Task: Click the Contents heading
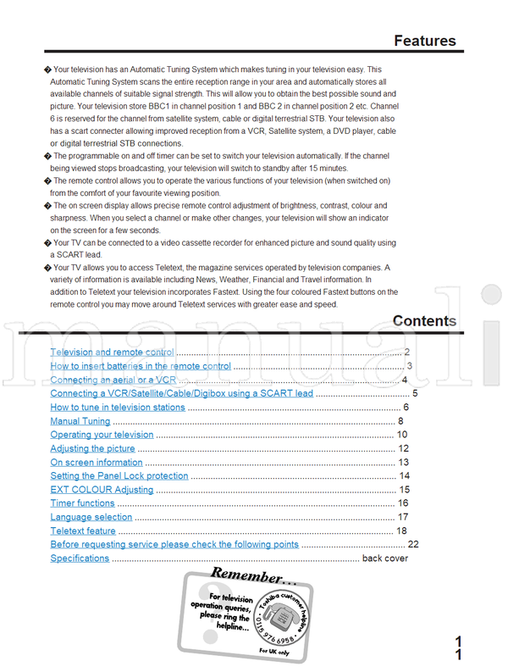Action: [x=424, y=321]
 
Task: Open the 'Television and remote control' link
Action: [x=112, y=352]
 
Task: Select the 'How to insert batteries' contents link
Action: [x=140, y=366]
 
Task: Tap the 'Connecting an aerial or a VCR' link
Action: [x=113, y=380]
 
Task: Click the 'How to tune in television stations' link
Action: [x=117, y=408]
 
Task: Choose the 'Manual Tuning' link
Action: [x=80, y=421]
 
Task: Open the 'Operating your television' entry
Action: [x=102, y=435]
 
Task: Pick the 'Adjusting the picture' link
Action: [x=92, y=448]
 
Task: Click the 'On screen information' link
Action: [x=96, y=463]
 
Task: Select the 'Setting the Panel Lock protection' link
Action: [x=119, y=476]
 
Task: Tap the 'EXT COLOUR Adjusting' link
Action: [x=102, y=490]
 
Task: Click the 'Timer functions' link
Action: [x=82, y=503]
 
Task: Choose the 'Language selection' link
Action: [x=91, y=517]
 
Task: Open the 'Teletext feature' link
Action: [x=83, y=531]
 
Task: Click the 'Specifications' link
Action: [x=80, y=558]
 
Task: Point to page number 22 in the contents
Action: [x=413, y=545]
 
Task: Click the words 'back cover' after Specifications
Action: [x=384, y=558]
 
